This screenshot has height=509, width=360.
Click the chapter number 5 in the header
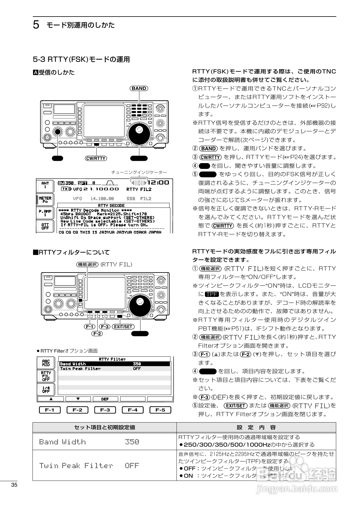pos(36,25)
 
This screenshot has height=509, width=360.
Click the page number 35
pos(14,485)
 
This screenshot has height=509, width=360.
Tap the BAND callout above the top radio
pos(139,89)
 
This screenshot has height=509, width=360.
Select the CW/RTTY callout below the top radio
pos(96,158)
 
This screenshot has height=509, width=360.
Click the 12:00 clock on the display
pos(159,182)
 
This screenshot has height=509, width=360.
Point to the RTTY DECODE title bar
pos(113,205)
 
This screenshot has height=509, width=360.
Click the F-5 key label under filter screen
pos(160,410)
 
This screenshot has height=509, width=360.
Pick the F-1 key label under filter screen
pos(50,410)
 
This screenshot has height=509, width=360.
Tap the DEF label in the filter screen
pos(105,399)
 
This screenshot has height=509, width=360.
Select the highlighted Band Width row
pos(115,364)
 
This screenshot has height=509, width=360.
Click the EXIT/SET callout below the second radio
pos(123,326)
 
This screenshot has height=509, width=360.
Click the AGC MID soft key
pos(46,363)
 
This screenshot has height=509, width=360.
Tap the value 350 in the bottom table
pos(132,442)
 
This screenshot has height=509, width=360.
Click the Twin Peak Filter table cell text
pos(76,465)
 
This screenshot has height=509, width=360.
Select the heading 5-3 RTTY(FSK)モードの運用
pos(81,59)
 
